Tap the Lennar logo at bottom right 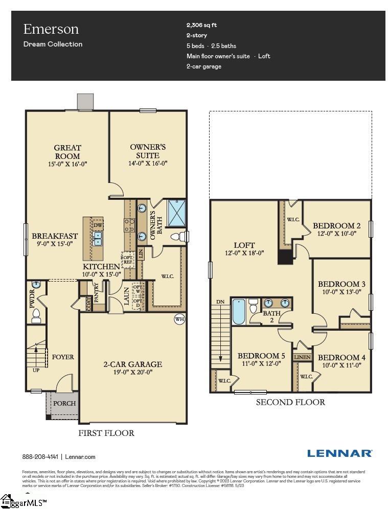tap(339, 453)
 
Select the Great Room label tap(67, 152)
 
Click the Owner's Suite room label tap(148, 151)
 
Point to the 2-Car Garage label tap(132, 364)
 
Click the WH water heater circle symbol tap(179, 319)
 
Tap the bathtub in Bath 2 tap(239, 312)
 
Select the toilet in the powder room tap(36, 316)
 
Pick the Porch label tap(64, 403)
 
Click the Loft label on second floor tap(244, 245)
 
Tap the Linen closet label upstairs tap(302, 357)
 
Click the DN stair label tap(220, 302)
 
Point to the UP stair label tap(35, 369)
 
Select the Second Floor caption tap(290, 402)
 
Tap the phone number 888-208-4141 tap(40, 457)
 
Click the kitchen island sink tap(97, 237)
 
